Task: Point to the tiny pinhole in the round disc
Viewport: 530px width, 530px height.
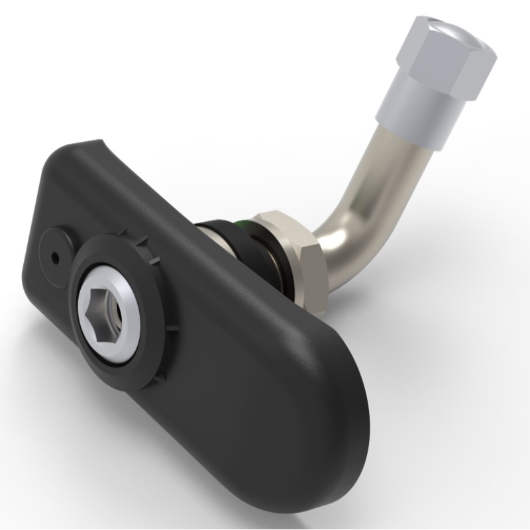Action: click(52, 254)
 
